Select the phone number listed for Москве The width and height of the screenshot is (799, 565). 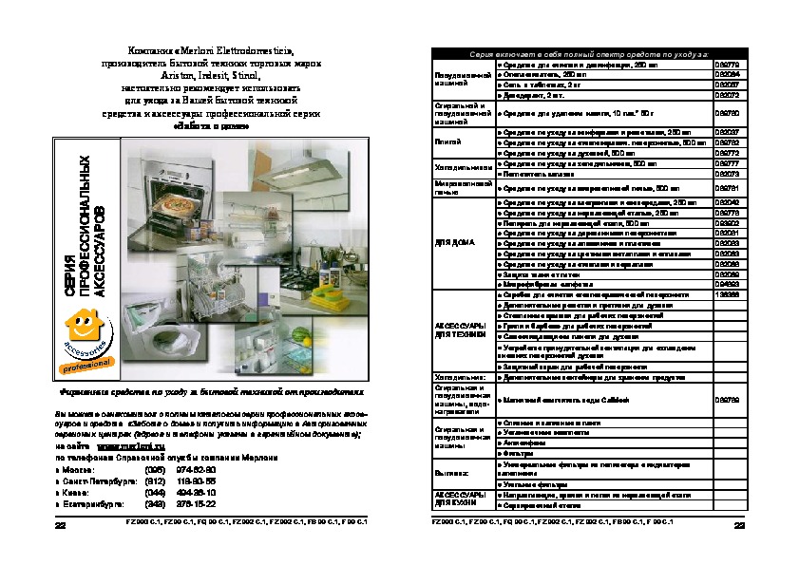coord(195,469)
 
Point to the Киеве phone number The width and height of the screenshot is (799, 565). coord(195,492)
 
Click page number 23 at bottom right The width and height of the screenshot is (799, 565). coord(738,525)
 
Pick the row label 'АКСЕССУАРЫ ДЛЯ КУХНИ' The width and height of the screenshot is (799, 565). coord(460,500)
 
